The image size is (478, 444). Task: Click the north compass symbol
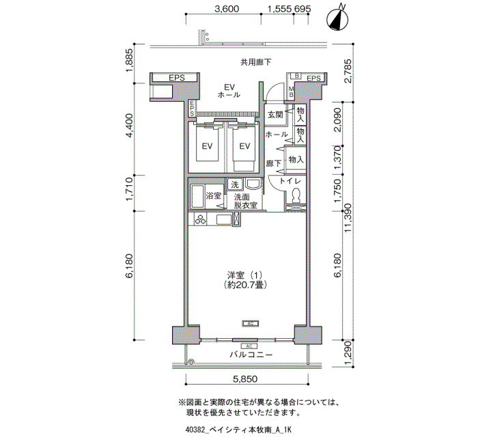click(x=337, y=19)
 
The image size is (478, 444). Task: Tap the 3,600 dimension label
click(x=227, y=9)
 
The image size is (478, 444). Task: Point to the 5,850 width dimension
click(x=245, y=379)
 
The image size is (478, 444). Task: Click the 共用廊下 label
click(x=256, y=63)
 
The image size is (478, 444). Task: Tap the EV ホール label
click(x=229, y=91)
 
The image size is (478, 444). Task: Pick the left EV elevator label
click(x=207, y=146)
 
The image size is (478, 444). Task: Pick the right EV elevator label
click(x=244, y=146)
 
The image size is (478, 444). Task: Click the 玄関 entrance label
click(x=275, y=115)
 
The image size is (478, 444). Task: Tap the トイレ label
click(x=290, y=181)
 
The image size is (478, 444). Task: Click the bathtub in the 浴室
click(x=197, y=197)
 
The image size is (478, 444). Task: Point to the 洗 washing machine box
click(x=235, y=184)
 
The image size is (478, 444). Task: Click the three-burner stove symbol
click(x=201, y=219)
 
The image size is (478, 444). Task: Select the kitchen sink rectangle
click(x=225, y=219)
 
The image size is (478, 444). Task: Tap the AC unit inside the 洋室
click(x=251, y=323)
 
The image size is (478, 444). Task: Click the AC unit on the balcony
click(x=249, y=346)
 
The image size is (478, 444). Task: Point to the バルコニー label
click(x=251, y=355)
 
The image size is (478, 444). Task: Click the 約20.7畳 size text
click(x=244, y=285)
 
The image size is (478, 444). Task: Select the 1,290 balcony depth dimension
click(x=348, y=353)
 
